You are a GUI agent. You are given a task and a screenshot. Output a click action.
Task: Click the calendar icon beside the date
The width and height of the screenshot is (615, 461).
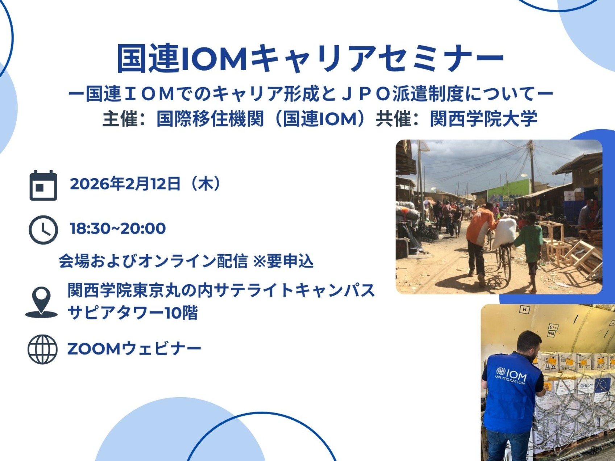43,185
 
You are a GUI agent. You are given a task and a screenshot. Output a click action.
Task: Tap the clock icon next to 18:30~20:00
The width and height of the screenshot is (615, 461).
43,230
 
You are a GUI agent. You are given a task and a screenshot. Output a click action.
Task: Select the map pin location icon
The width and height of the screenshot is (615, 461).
41,302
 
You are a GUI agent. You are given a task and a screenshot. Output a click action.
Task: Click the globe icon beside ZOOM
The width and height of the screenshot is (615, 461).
42,349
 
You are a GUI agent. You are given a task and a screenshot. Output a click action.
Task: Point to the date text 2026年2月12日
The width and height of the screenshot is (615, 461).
125,184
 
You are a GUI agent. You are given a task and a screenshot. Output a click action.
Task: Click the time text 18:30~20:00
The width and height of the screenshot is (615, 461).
118,229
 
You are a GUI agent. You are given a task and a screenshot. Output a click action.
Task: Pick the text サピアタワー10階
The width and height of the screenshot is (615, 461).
133,313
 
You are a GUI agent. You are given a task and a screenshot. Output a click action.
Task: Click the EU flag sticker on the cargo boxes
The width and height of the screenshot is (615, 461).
602,385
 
